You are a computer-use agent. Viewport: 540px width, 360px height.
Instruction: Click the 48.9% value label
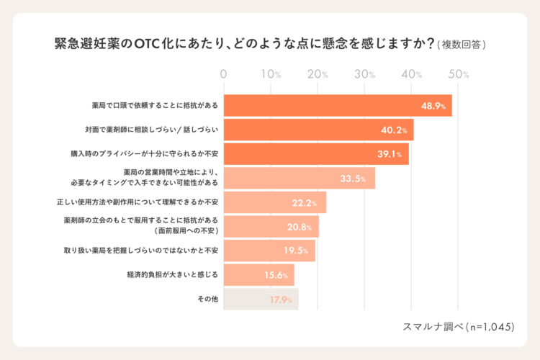point(433,106)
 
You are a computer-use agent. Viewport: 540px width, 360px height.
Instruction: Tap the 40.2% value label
point(395,130)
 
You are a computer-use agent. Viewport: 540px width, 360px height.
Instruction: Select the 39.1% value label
point(390,154)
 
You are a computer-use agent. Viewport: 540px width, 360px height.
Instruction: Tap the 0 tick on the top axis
point(224,74)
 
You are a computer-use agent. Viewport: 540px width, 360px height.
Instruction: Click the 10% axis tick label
point(271,74)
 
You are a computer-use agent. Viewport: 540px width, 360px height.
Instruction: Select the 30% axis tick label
point(365,74)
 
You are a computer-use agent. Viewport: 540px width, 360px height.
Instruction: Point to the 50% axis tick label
point(459,74)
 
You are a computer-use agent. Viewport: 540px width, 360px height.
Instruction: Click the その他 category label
point(208,299)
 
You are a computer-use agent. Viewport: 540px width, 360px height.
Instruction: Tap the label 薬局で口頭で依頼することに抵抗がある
point(145,106)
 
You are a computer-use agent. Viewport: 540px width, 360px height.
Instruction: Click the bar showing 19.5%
point(269,251)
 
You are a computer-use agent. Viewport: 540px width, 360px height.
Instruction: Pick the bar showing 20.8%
point(271,227)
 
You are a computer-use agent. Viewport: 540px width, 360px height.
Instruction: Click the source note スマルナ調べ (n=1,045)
point(459,326)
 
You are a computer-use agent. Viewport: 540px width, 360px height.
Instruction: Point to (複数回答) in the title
point(462,45)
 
